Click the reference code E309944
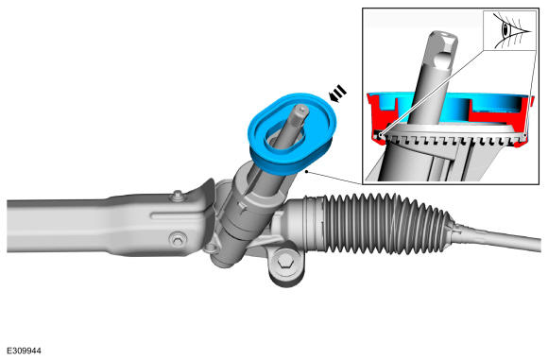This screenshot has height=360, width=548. [x=24, y=351]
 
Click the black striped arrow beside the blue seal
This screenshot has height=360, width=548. [x=338, y=94]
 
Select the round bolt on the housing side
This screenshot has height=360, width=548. [x=178, y=239]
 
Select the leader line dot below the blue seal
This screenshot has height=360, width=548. [x=306, y=171]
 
